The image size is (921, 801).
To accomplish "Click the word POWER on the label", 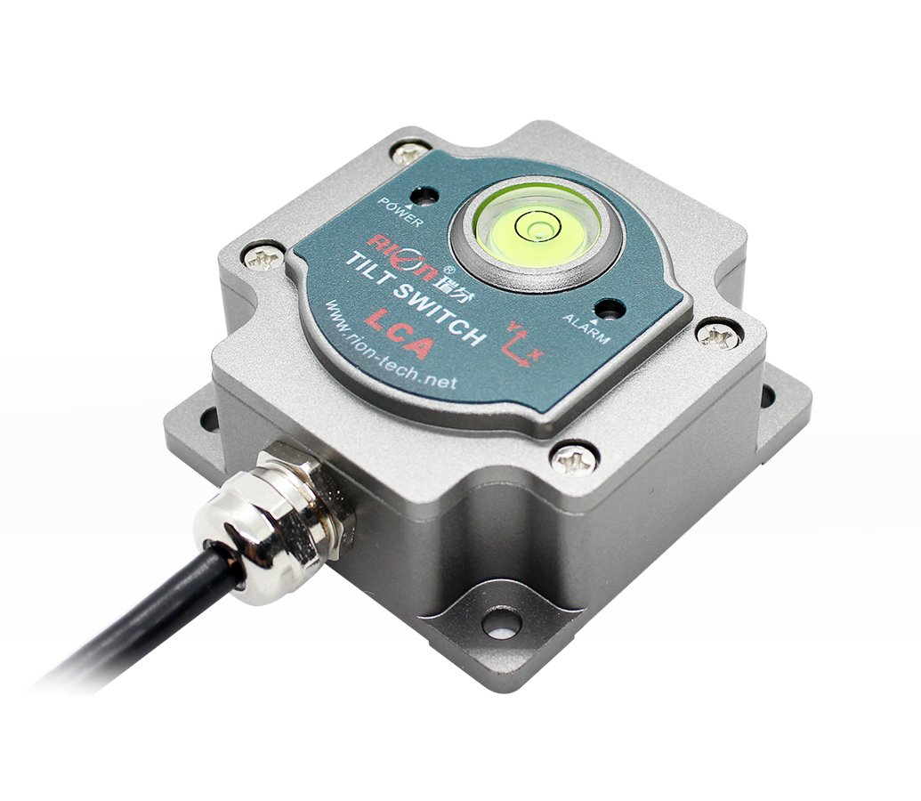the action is (x=400, y=212).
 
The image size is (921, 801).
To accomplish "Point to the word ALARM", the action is (x=586, y=328).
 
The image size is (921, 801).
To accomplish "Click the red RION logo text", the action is (x=403, y=256).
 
